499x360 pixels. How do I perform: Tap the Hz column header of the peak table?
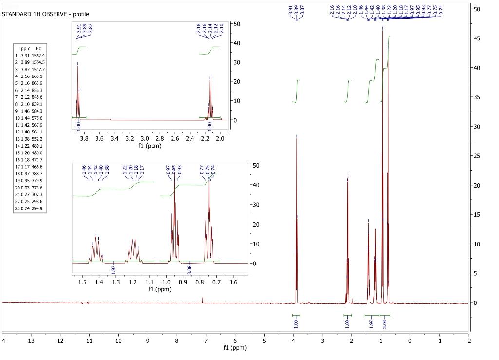[x=38, y=49]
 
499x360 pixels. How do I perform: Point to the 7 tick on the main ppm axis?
[x=206, y=340]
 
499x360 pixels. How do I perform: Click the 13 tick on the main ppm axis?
[x=31, y=340]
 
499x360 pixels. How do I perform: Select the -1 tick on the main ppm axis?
[x=439, y=340]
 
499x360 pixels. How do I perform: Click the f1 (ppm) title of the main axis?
[x=235, y=348]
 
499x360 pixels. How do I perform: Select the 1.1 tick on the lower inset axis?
[x=150, y=282]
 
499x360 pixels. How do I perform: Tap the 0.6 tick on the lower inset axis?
[x=233, y=282]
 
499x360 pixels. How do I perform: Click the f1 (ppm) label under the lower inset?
[x=160, y=290]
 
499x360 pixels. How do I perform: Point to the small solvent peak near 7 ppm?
[x=203, y=299]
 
